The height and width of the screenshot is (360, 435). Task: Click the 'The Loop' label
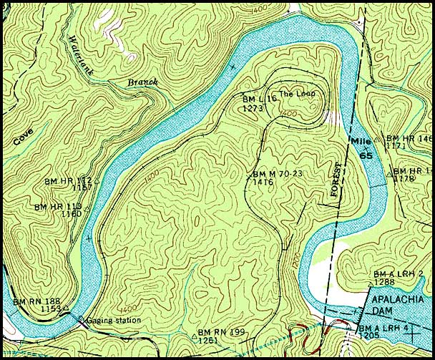tap(297, 94)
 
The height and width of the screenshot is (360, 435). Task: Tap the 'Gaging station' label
tap(113, 320)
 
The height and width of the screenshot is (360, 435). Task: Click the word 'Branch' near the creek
tap(142, 82)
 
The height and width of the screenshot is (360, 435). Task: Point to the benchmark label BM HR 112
tap(69, 180)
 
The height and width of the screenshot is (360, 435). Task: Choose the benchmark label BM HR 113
tap(58, 207)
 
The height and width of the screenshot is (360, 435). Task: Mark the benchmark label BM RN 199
tap(223, 332)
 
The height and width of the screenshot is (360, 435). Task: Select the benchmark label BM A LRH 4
tap(397, 327)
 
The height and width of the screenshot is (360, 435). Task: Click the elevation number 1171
tap(395, 146)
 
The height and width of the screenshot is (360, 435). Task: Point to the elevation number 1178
tap(405, 178)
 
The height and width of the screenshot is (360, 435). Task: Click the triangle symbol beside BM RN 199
tap(194, 334)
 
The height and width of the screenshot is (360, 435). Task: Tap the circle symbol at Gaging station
tap(81, 319)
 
